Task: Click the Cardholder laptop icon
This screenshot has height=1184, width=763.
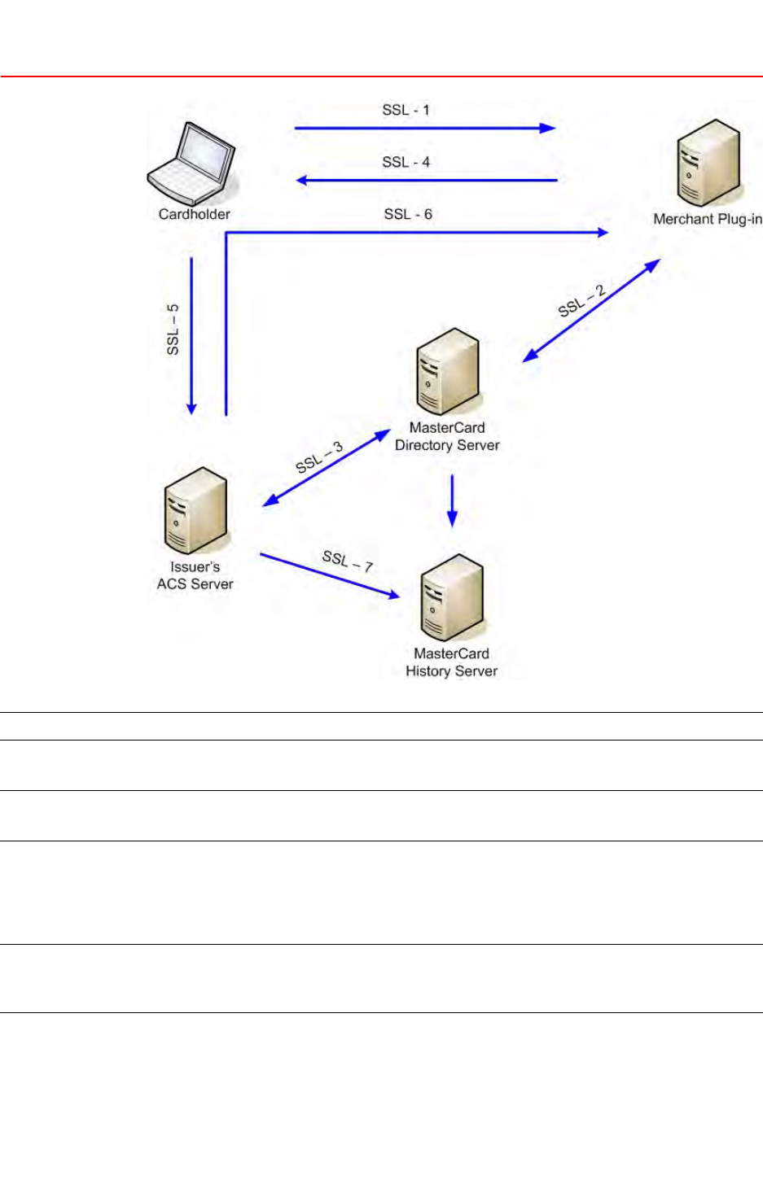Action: pyautogui.click(x=192, y=163)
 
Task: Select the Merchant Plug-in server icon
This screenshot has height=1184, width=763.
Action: pyautogui.click(x=708, y=162)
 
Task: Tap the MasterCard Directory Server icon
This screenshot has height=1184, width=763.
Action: pyautogui.click(x=447, y=371)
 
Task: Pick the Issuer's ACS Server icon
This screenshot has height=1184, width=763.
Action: pyautogui.click(x=195, y=510)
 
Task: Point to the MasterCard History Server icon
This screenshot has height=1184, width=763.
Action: pyautogui.click(x=452, y=597)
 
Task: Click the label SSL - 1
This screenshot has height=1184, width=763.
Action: pyautogui.click(x=406, y=110)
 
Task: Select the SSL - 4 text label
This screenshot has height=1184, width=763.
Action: pyautogui.click(x=406, y=162)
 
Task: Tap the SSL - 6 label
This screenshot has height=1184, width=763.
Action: pyautogui.click(x=408, y=214)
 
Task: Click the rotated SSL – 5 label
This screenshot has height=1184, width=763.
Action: pyautogui.click(x=173, y=329)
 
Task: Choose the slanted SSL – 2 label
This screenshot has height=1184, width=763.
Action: pyautogui.click(x=581, y=301)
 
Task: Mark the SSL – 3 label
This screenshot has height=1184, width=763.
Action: pyautogui.click(x=319, y=457)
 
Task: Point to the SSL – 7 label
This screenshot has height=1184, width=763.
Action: pyautogui.click(x=348, y=560)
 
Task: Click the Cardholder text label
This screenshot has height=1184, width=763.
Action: pyautogui.click(x=194, y=214)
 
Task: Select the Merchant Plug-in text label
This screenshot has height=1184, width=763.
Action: pyautogui.click(x=708, y=219)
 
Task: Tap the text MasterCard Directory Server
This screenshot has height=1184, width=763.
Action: pyautogui.click(x=447, y=436)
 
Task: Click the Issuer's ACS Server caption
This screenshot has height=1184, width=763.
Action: pyautogui.click(x=195, y=575)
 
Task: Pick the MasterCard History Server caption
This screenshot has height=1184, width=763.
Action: pyautogui.click(x=451, y=662)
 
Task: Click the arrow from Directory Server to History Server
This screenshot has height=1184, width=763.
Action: pyautogui.click(x=453, y=500)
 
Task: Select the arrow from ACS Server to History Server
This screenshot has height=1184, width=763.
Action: pyautogui.click(x=330, y=576)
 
